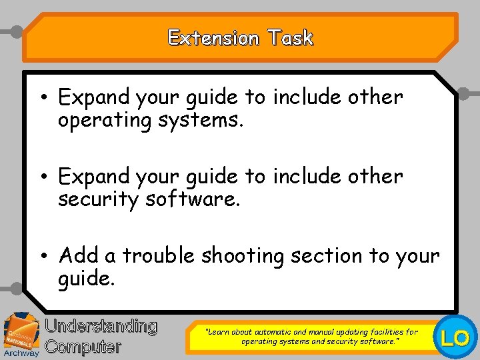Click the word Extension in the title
click(213, 38)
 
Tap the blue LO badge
click(456, 338)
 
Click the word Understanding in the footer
click(101, 326)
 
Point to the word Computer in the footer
click(83, 347)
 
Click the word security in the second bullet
click(98, 199)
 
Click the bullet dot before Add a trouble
click(42, 256)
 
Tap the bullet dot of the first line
click(42, 98)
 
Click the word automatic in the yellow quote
click(271, 331)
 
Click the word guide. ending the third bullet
click(87, 278)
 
